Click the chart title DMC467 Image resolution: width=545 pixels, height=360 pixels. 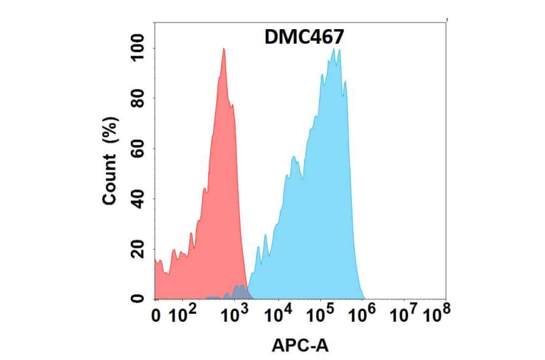pos(305,37)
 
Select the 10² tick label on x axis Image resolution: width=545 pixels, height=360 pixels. pos(183,315)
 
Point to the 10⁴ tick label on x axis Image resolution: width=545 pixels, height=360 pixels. pos(280,315)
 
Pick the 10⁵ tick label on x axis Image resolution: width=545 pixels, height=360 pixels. pos(321,315)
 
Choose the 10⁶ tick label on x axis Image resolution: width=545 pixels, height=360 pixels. pos(363,315)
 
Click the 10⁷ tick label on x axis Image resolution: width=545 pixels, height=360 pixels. pos(404,315)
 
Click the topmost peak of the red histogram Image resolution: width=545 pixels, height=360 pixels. pos(224,49)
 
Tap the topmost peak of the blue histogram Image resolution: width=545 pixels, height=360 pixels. pos(334,50)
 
